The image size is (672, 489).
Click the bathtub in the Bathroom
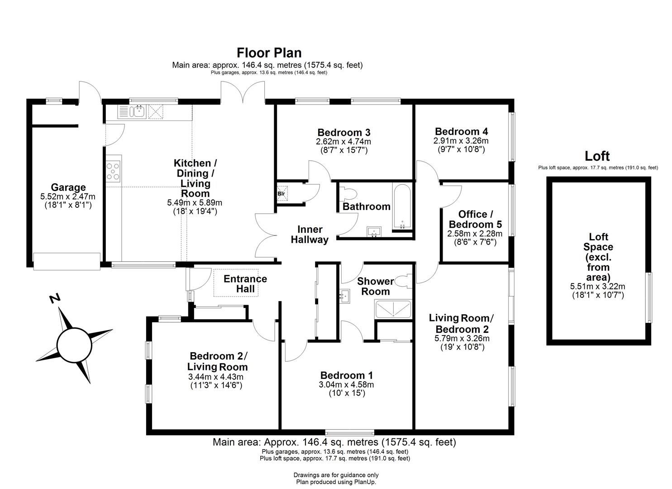[x=402, y=206]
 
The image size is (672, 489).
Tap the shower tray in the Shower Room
[x=393, y=309]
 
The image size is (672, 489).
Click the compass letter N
[x=55, y=298]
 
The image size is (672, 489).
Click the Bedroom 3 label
[x=344, y=132]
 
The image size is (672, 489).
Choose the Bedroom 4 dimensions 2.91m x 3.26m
[x=461, y=141]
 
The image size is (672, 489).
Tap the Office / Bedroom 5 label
[x=475, y=219]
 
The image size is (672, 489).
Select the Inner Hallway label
[x=310, y=235]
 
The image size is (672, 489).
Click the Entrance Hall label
[x=245, y=283]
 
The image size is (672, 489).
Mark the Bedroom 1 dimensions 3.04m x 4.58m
[x=347, y=385]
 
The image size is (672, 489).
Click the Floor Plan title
[x=269, y=53]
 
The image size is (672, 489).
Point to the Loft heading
[x=597, y=156]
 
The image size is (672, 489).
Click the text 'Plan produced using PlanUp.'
[x=336, y=482]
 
